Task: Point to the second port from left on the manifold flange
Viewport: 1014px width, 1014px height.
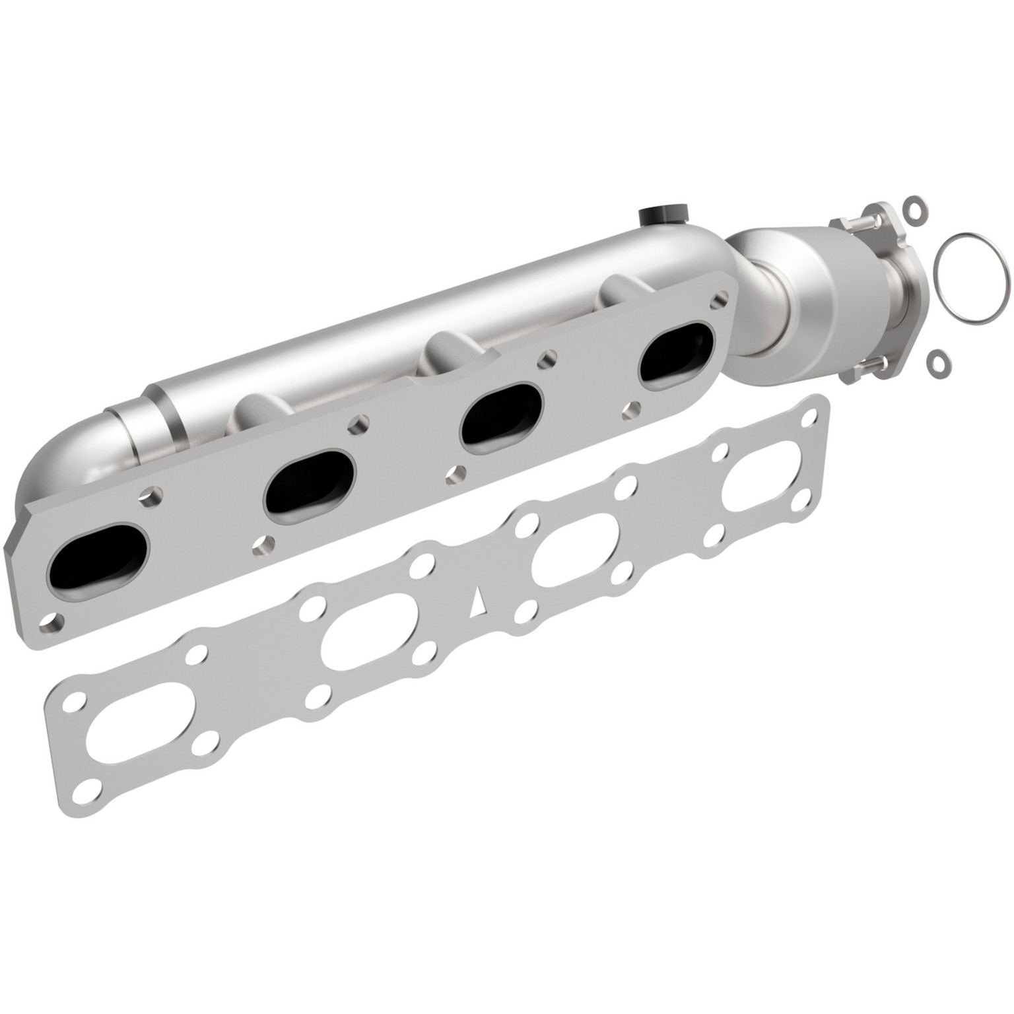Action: [x=309, y=487]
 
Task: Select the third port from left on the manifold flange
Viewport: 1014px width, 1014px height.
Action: [x=502, y=414]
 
